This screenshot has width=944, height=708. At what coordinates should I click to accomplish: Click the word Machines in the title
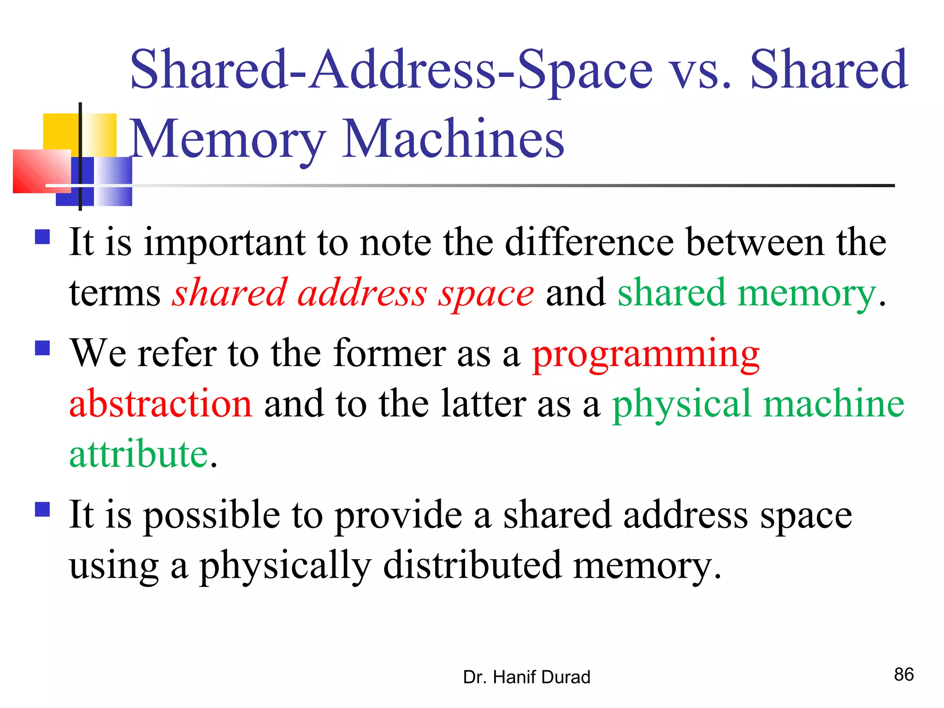(x=454, y=138)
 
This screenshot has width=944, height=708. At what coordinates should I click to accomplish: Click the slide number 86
(x=903, y=674)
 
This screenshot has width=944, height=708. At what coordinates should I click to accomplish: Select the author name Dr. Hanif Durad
(x=526, y=677)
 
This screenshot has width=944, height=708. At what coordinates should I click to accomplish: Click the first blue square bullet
(x=42, y=237)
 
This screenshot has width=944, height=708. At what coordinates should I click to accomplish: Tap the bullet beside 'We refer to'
(x=42, y=348)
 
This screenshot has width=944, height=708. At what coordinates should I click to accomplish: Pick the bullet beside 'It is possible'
(x=42, y=509)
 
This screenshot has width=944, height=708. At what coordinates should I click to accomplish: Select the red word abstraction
(x=160, y=404)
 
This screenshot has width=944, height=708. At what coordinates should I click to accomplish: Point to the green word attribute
(x=139, y=454)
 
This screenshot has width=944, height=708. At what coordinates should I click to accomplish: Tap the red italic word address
(x=362, y=293)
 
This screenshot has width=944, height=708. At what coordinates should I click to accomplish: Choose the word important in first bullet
(x=224, y=243)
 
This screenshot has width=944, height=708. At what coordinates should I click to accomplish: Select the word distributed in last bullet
(x=472, y=566)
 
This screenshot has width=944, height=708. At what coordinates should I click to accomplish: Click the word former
(x=389, y=353)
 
